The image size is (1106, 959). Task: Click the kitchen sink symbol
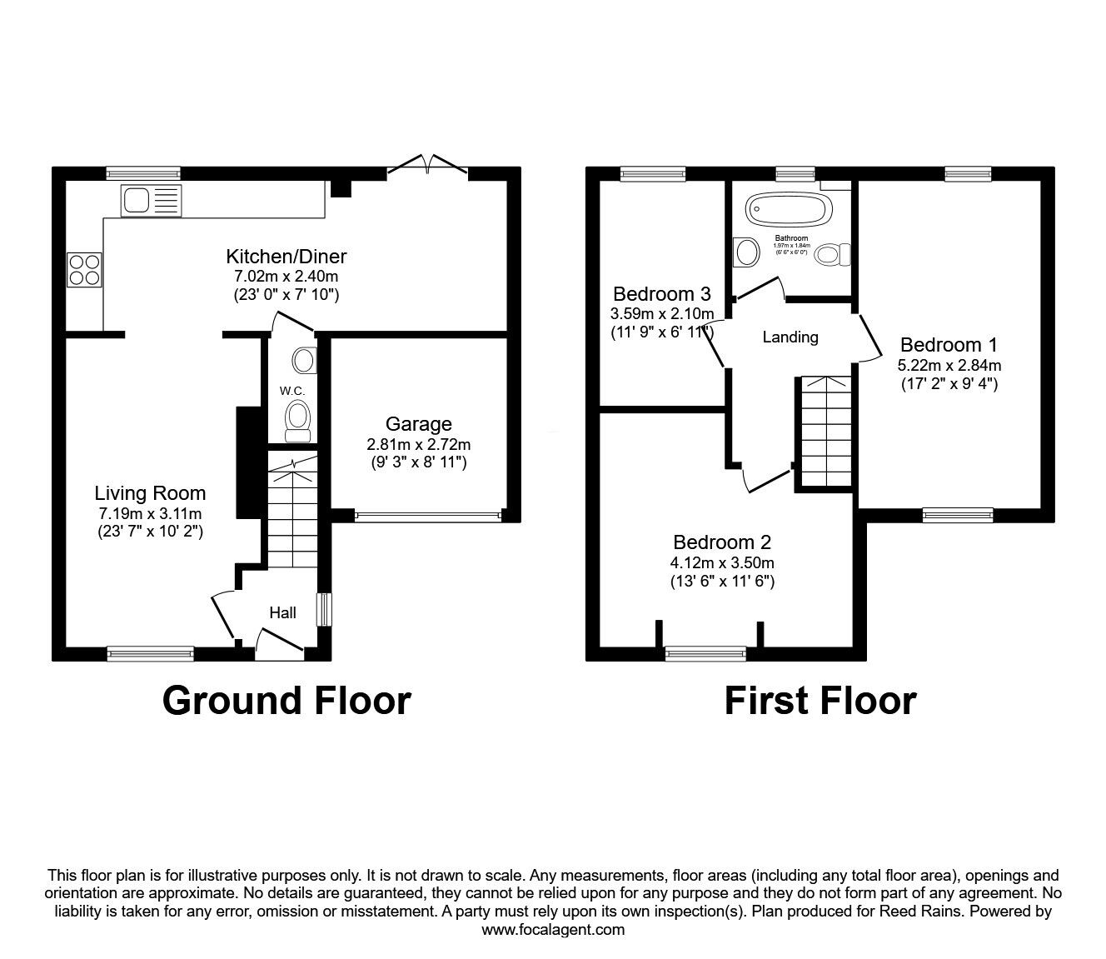[151, 201]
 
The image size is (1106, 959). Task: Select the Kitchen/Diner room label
[286, 257]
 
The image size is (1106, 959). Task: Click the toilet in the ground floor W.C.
[297, 419]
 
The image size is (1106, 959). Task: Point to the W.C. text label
[291, 391]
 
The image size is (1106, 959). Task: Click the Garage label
[419, 424]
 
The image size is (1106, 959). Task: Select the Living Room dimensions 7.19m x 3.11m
[150, 513]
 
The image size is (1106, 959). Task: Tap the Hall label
[282, 613]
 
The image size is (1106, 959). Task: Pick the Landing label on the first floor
[790, 337]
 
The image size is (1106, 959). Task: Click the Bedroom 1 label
[949, 345]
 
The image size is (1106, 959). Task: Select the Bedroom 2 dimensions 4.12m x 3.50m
[723, 562]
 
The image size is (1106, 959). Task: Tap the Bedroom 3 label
[661, 294]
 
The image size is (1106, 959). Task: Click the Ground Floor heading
[286, 701]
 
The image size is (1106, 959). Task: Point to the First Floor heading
[820, 701]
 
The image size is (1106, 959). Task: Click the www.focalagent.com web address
[553, 930]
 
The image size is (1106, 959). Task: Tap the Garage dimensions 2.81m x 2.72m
[419, 444]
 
